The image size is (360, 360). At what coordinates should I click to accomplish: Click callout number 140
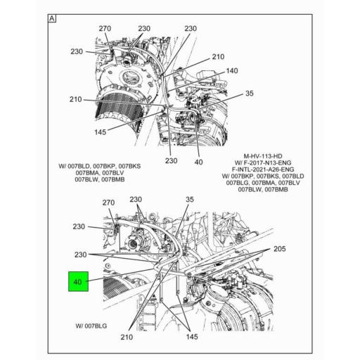click(x=231, y=71)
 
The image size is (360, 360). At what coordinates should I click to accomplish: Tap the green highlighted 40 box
click(x=78, y=283)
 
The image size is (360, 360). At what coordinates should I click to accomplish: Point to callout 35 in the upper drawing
click(x=248, y=94)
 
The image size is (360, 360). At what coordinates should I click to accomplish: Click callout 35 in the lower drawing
click(x=188, y=200)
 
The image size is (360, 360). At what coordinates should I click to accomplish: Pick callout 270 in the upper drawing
click(x=105, y=29)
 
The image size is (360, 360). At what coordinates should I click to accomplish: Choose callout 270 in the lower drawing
click(x=108, y=203)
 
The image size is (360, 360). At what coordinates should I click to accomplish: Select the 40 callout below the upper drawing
click(x=198, y=161)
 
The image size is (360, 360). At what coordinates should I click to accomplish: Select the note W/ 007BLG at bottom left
click(x=91, y=326)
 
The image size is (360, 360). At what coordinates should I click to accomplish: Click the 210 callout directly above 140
click(x=218, y=56)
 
